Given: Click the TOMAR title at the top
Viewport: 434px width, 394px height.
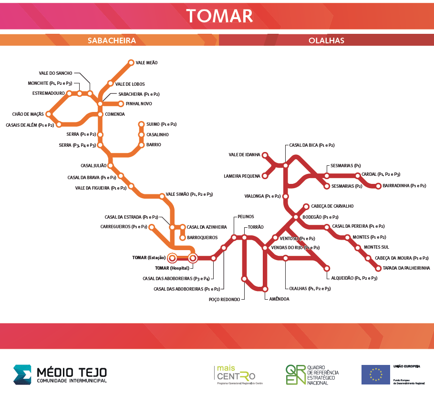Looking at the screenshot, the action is [x=219, y=16].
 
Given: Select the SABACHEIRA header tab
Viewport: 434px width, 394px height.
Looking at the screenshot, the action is [x=112, y=40].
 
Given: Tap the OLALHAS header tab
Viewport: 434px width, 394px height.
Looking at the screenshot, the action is [x=326, y=40].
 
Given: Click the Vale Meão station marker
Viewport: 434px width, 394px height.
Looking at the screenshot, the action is [x=131, y=62].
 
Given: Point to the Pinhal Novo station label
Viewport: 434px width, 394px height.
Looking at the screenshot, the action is [x=139, y=104].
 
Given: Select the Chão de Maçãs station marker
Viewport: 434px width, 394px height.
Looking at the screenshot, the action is [x=48, y=114].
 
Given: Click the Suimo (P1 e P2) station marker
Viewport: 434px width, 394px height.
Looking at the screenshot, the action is [x=141, y=124].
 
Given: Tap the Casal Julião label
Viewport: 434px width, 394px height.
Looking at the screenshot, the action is [x=93, y=166].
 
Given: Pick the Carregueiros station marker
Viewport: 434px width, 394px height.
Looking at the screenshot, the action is [x=152, y=227].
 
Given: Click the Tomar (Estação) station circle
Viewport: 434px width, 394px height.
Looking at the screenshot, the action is [x=172, y=258].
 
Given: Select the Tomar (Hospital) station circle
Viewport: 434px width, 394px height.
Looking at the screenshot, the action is [x=193, y=258].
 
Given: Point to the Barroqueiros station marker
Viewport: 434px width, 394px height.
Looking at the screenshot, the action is [x=183, y=237].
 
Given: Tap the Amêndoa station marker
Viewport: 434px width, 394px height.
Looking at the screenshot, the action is [x=265, y=289].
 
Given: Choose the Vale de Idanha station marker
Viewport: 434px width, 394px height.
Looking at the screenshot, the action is [x=265, y=155].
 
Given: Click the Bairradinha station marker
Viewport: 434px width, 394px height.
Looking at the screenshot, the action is [x=378, y=186].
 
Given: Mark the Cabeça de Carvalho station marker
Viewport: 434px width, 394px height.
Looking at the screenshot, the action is [x=306, y=206].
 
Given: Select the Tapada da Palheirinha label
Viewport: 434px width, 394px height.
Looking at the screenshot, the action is [x=406, y=268].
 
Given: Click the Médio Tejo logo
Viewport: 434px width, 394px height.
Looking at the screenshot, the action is [x=60, y=374].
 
